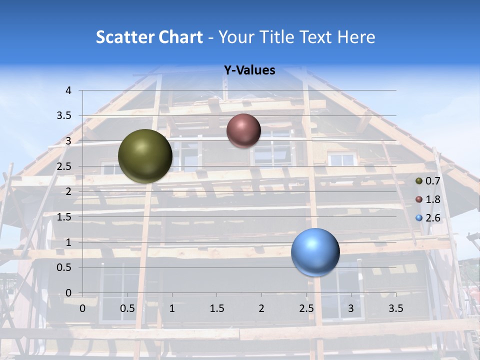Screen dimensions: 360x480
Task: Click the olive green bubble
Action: pos(145,156)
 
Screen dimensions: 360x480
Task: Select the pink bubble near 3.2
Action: pos(243,130)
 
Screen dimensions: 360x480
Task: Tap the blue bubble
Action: pos(315,252)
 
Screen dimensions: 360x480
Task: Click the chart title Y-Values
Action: pos(249,70)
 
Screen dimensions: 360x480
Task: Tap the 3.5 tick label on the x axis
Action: pos(396,308)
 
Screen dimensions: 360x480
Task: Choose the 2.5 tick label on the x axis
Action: pos(306,308)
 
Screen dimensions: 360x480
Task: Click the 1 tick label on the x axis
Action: pos(172,308)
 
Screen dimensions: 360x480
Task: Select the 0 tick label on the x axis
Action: pos(82,308)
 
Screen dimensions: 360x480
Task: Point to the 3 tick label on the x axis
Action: pos(351,308)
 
